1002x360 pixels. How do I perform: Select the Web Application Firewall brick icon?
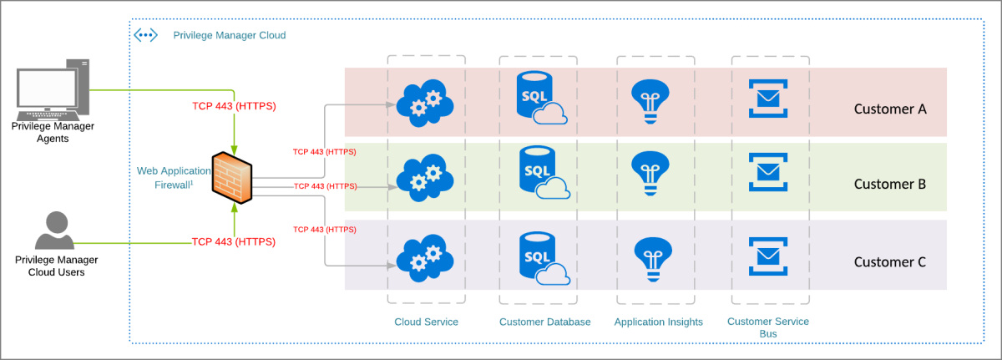(232, 176)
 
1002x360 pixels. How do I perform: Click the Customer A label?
(890, 109)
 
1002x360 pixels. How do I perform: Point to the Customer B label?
(890, 184)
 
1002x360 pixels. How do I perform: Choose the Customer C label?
(890, 261)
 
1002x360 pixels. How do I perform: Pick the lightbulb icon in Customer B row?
(648, 173)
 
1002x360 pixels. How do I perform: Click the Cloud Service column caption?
(426, 322)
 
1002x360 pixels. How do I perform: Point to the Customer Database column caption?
(544, 322)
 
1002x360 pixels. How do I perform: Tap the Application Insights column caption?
(658, 322)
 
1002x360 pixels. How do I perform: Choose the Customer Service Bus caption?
(768, 327)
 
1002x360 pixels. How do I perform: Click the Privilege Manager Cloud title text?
(229, 35)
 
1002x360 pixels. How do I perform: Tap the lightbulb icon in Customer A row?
(648, 100)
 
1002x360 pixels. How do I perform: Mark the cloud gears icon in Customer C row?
(424, 256)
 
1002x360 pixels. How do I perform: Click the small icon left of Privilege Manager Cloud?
(145, 35)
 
